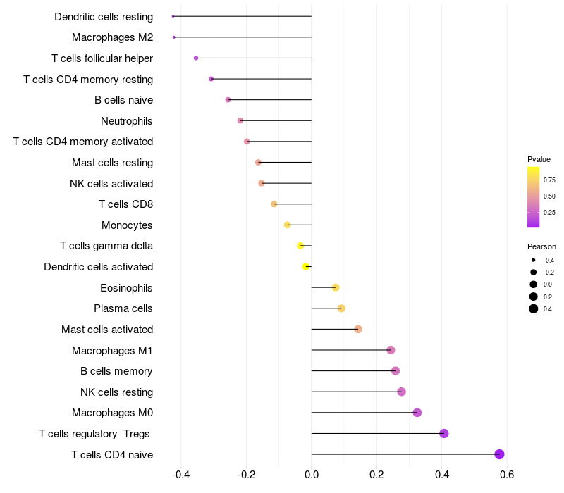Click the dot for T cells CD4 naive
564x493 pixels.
point(500,454)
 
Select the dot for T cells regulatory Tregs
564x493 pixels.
point(444,433)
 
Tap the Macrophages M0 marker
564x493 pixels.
point(417,413)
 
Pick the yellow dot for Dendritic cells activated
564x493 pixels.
point(306,267)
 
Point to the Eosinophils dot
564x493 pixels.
point(336,287)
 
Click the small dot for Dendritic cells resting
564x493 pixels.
point(173,16)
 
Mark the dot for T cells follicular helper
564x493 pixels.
point(196,58)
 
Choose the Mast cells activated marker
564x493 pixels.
point(358,329)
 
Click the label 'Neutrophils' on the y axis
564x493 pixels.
point(127,121)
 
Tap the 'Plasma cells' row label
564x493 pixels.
point(123,308)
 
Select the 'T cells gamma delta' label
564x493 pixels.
point(106,246)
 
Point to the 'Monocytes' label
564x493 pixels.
point(128,225)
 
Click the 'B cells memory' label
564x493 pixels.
point(116,371)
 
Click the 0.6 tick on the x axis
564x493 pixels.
point(507,474)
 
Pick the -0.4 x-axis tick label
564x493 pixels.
point(181,474)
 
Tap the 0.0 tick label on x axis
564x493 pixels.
point(312,474)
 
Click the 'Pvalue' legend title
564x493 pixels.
point(539,159)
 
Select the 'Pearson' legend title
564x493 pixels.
point(541,246)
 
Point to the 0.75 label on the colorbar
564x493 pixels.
point(549,180)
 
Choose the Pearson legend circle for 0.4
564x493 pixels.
point(534,308)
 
